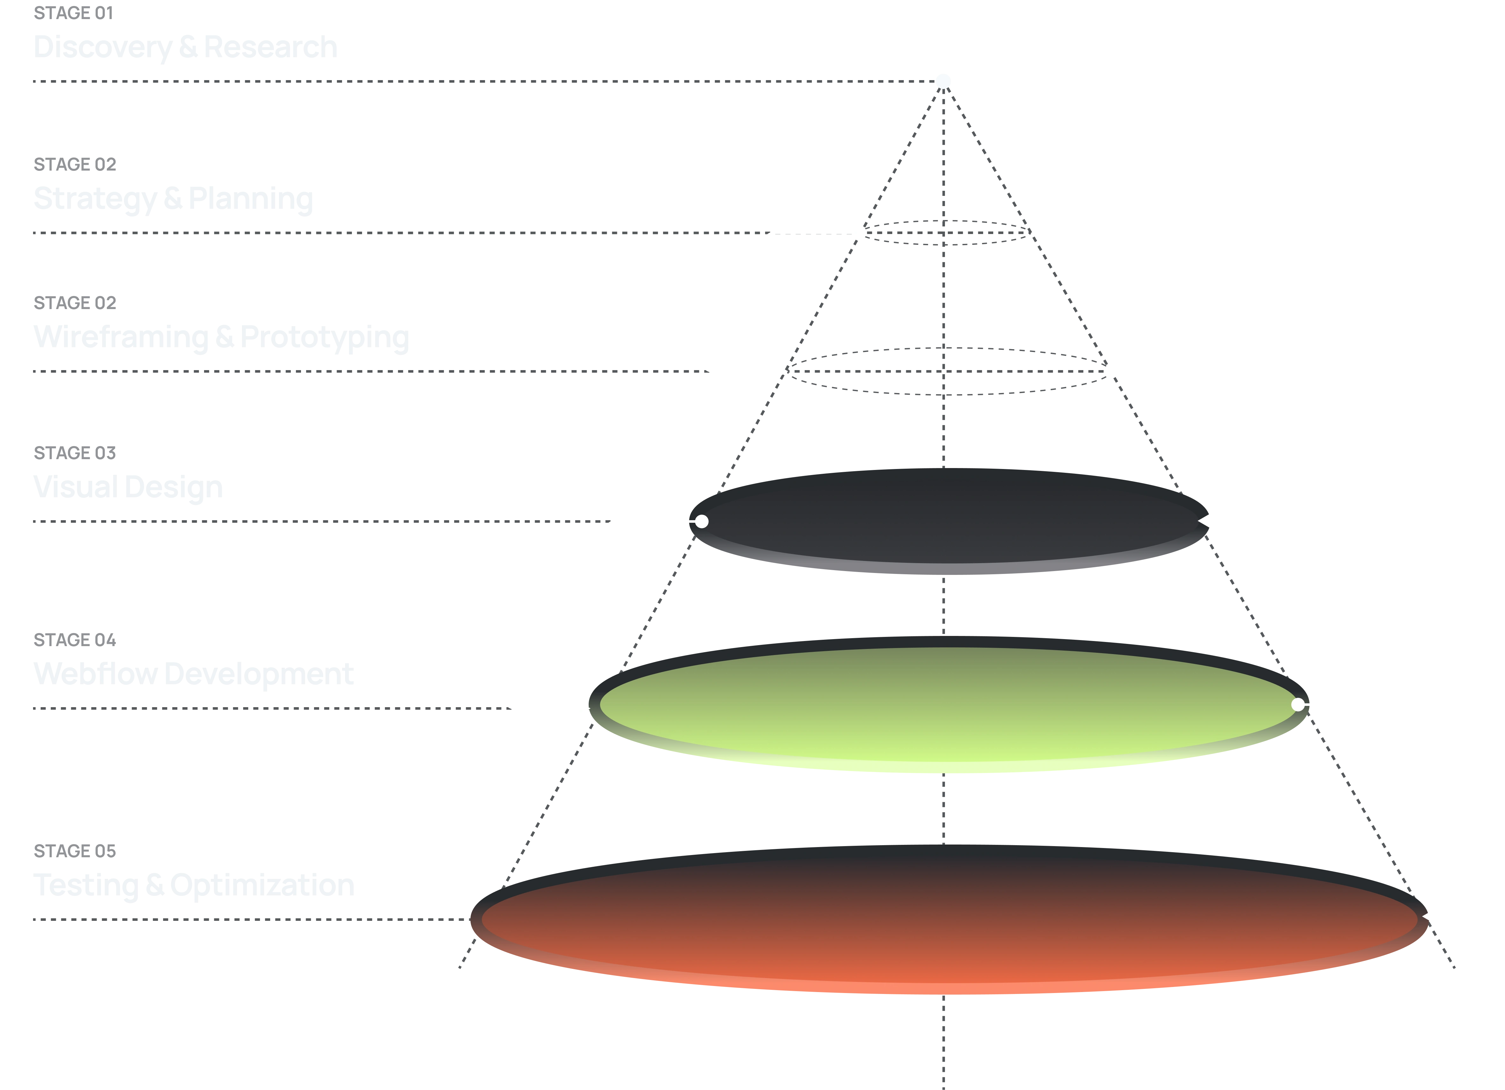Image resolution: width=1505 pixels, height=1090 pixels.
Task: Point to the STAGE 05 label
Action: click(74, 850)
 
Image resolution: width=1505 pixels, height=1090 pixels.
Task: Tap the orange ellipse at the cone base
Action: click(949, 923)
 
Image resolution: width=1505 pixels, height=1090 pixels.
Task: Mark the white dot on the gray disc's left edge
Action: click(701, 522)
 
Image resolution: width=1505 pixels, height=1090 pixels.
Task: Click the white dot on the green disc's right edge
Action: click(1298, 704)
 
